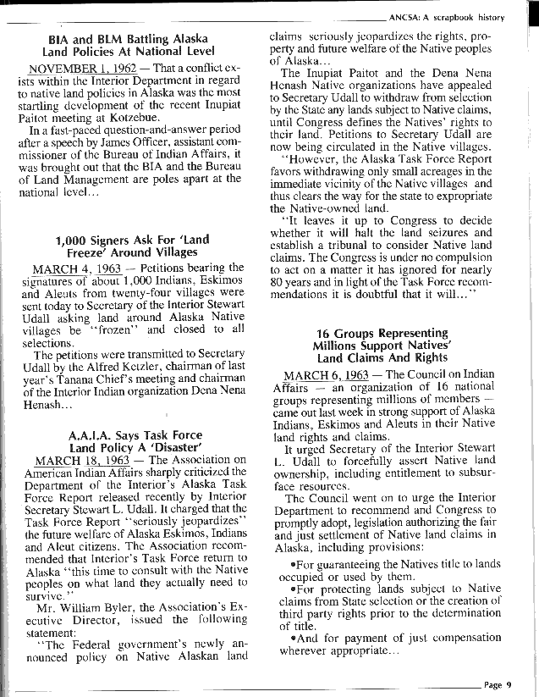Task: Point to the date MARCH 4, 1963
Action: pos(65,268)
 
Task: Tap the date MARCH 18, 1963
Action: pos(69,460)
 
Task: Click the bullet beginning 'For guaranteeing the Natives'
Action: pos(406,564)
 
